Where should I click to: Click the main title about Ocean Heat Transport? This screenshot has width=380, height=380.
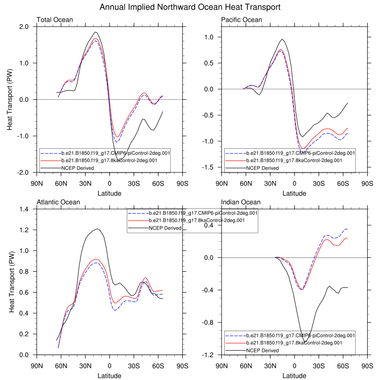tap(190, 8)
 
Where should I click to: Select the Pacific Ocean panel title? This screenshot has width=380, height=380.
tap(242, 19)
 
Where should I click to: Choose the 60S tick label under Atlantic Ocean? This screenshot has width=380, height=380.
tap(158, 366)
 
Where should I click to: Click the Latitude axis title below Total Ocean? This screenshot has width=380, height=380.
tap(110, 193)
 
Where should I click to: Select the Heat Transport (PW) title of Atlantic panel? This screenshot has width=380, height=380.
tap(12, 282)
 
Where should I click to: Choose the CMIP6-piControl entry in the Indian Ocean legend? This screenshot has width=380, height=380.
tap(301, 335)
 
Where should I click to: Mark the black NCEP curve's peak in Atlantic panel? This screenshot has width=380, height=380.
tap(97, 229)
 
